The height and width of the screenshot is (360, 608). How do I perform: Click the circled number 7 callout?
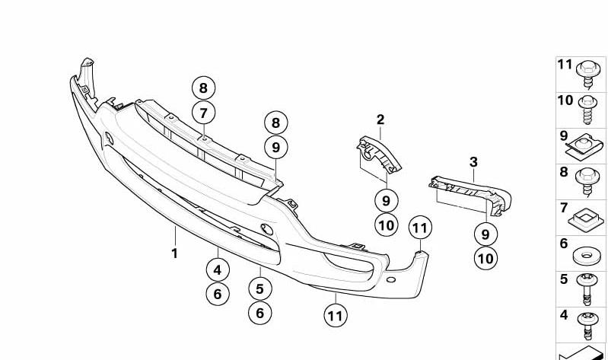[204, 113]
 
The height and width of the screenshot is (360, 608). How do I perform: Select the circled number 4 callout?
[218, 269]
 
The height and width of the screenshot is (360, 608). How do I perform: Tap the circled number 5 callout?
[260, 288]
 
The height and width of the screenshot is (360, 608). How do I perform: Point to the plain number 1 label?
[174, 253]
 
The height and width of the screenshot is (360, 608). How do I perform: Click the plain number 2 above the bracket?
[380, 119]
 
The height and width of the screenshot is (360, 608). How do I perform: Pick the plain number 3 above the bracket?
[473, 162]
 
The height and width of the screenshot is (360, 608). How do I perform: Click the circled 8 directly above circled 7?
[204, 88]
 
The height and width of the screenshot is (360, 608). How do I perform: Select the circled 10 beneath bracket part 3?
[485, 258]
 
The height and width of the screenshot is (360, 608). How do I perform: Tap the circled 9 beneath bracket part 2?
[387, 201]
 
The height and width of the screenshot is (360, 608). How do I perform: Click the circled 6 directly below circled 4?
[218, 294]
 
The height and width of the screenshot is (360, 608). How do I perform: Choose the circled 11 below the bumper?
[336, 315]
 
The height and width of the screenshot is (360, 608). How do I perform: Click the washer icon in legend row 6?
[586, 256]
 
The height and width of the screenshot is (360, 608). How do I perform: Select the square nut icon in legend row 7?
[586, 219]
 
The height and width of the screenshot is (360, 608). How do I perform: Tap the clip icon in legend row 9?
[584, 147]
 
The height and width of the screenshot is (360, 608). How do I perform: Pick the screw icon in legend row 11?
[588, 75]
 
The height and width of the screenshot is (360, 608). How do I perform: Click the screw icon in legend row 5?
[587, 289]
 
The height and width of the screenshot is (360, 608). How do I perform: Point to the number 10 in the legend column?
[565, 100]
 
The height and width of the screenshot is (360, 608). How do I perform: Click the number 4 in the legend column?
[564, 315]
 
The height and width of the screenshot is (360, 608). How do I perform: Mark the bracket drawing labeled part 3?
[470, 195]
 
